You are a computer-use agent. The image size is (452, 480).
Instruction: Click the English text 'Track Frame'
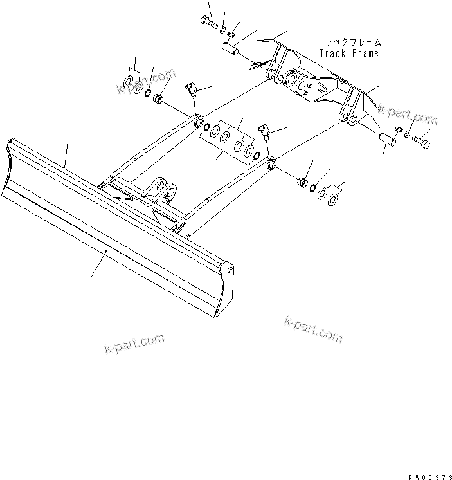pos(348,54)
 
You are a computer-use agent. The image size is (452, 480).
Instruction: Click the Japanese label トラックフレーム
pos(348,42)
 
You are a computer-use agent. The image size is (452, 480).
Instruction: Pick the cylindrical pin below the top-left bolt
pos(232,50)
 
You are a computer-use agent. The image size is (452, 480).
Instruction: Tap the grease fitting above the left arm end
pos(191,88)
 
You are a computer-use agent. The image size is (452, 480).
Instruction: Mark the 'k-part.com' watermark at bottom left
pos(134,344)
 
